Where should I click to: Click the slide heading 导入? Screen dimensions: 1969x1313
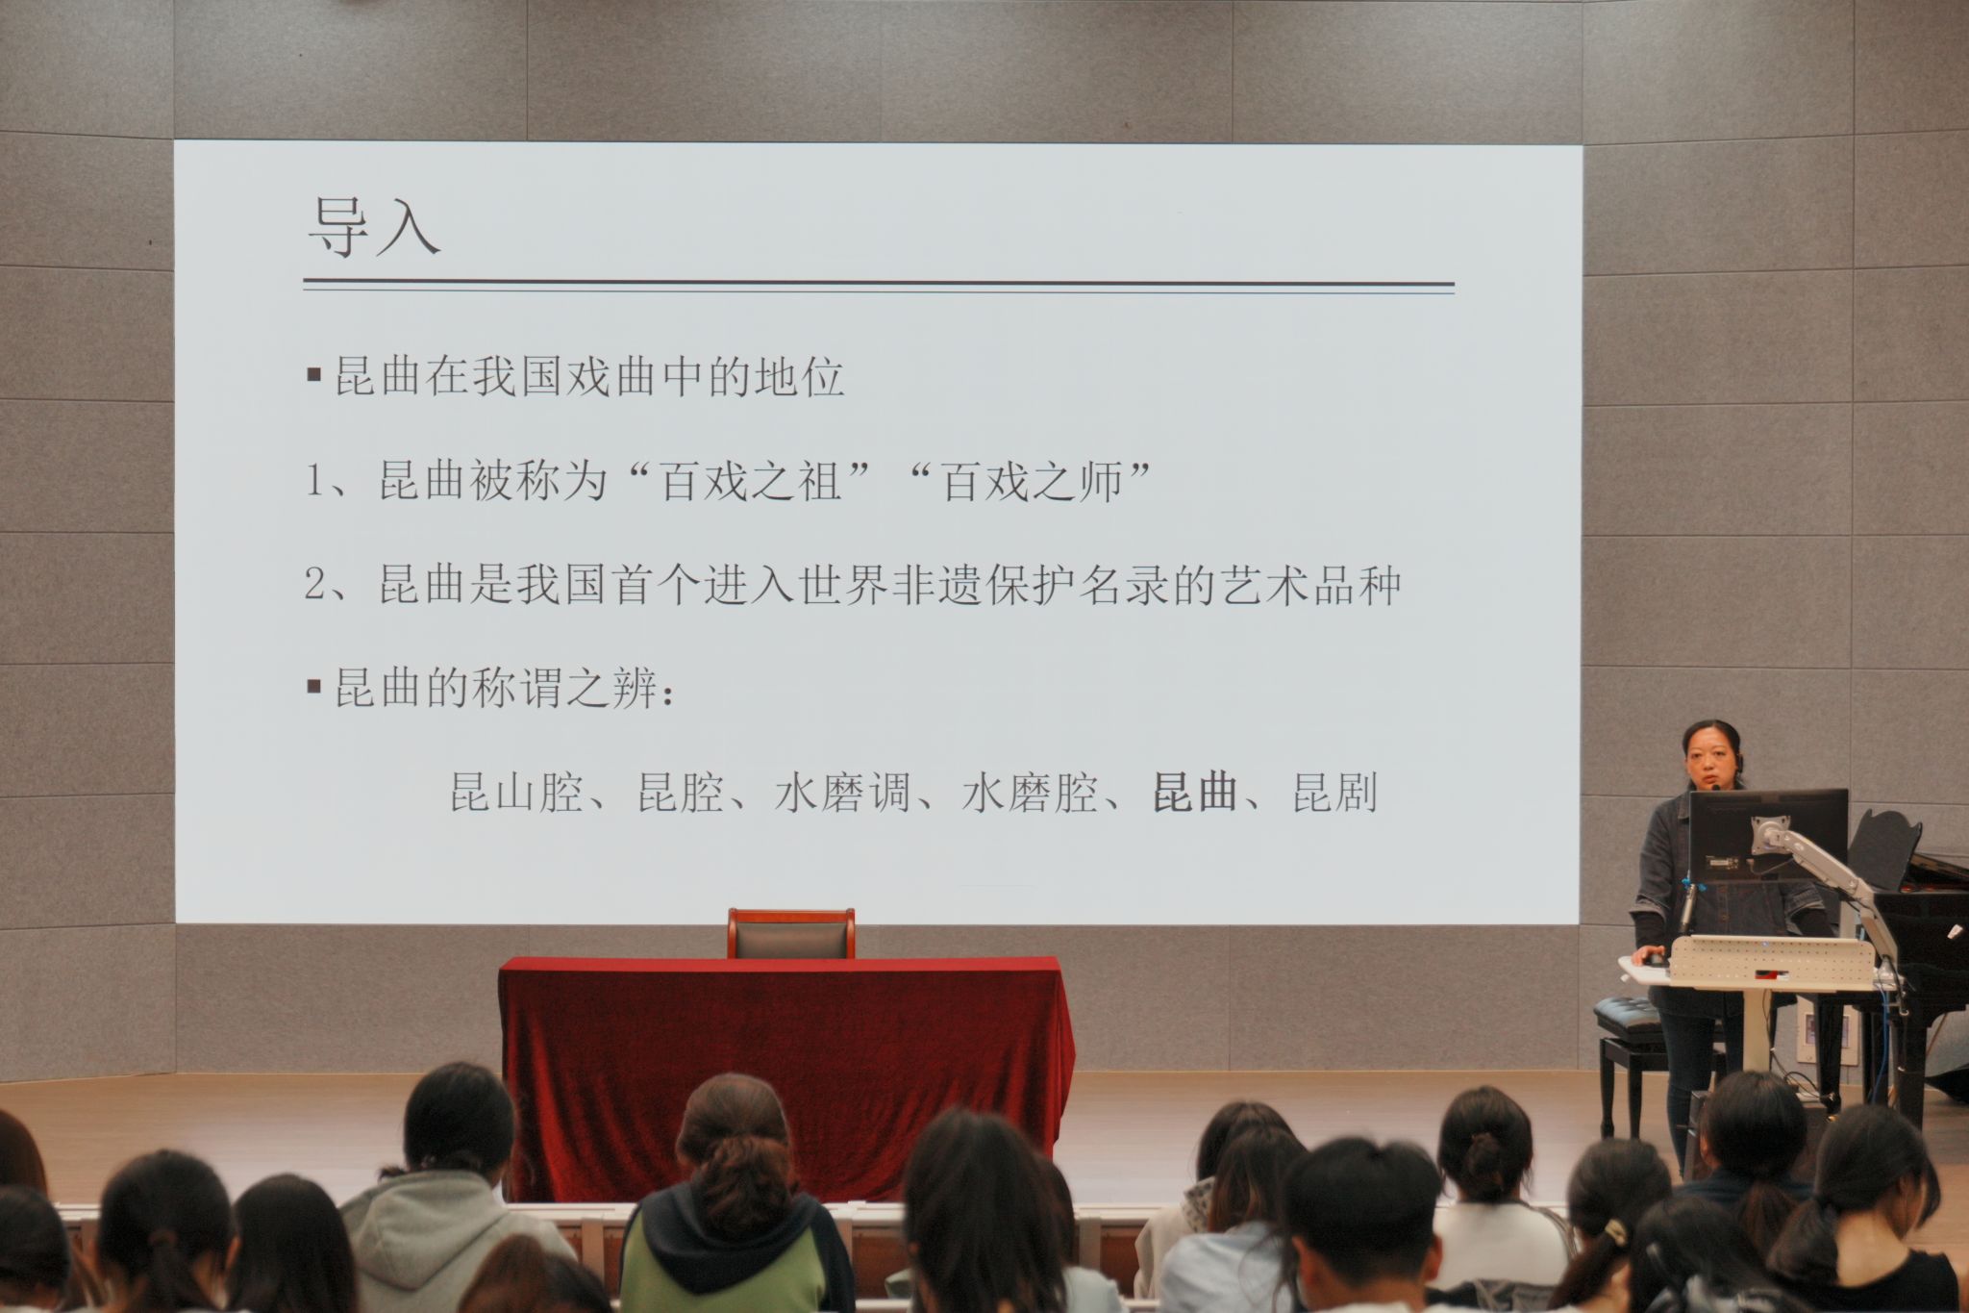(373, 227)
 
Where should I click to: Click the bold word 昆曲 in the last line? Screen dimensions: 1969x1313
(1194, 794)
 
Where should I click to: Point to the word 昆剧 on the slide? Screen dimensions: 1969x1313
(1334, 794)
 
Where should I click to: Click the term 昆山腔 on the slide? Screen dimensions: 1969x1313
(516, 794)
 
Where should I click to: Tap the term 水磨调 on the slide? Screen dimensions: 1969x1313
(841, 794)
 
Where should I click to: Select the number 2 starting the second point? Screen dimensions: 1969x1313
(315, 585)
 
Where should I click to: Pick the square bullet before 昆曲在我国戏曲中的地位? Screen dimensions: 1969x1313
(312, 374)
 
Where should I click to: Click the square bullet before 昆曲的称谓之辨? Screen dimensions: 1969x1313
(312, 687)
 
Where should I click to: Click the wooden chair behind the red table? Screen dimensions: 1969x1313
(790, 933)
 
